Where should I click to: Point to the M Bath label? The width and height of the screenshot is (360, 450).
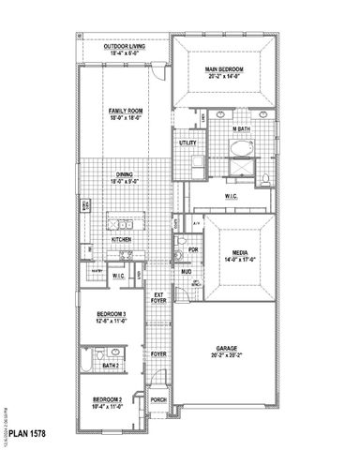242,127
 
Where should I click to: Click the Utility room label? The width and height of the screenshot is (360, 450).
187,142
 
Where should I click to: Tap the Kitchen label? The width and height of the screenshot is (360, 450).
123,240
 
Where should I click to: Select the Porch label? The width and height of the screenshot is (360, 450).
158,399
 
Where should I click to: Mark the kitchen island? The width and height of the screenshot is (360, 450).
123,222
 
